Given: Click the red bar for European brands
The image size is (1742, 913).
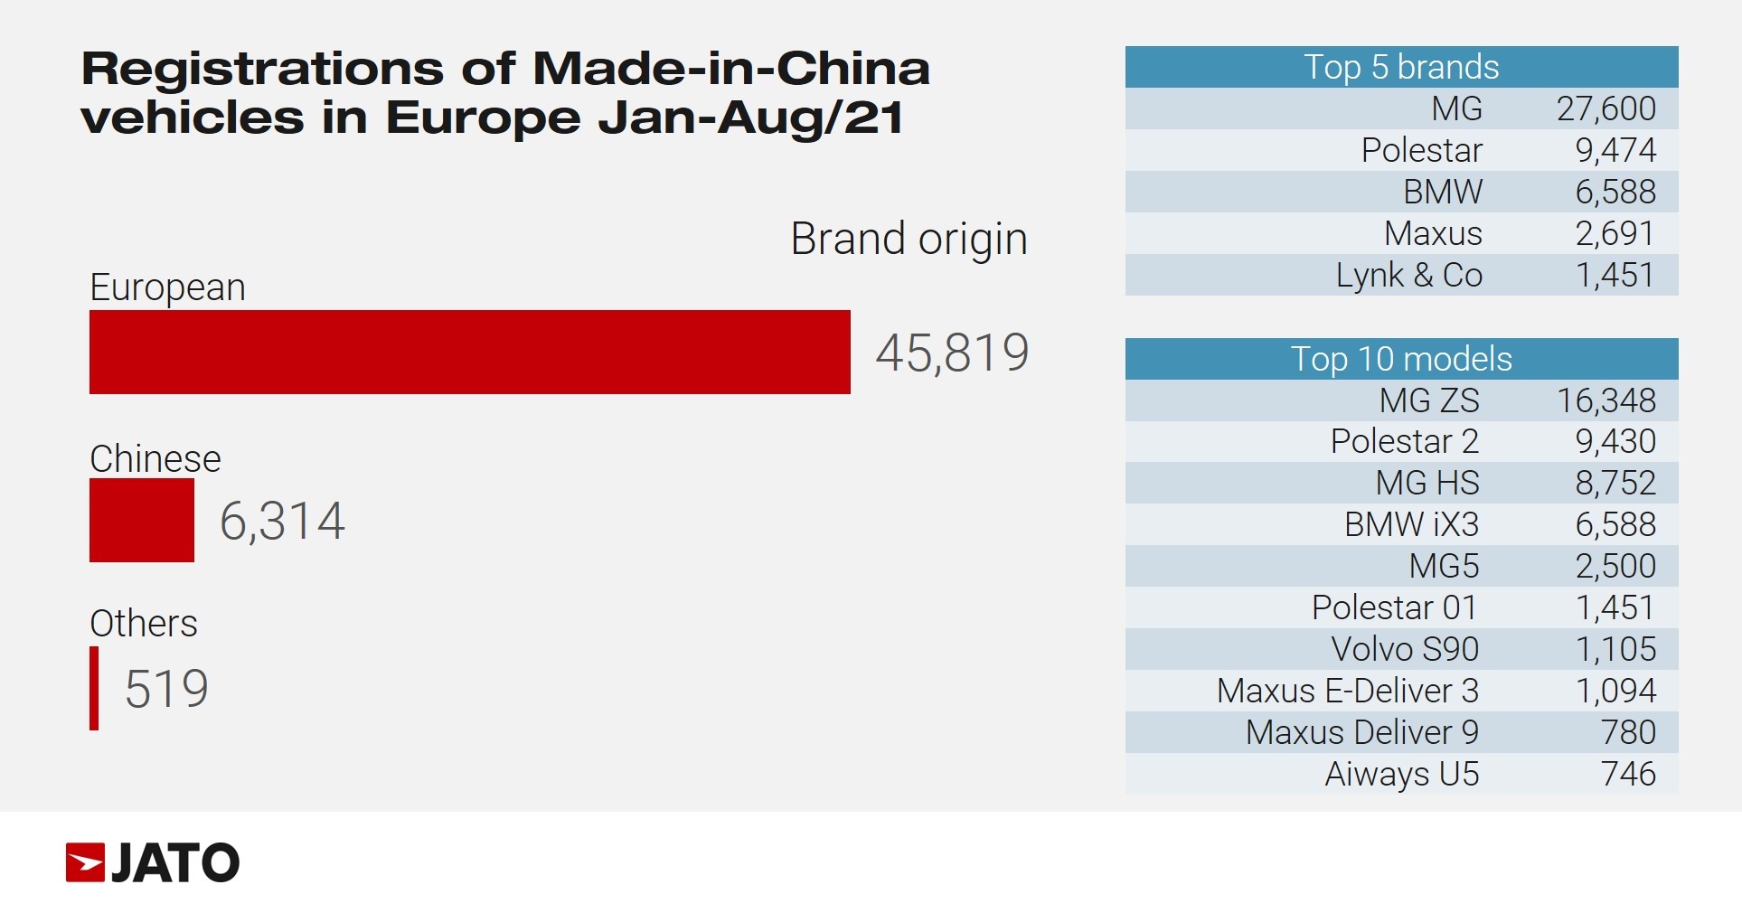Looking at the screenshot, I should pos(469,352).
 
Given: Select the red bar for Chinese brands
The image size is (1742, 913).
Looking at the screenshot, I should pos(141,520).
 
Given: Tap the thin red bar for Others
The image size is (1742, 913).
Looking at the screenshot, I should pos(94,688).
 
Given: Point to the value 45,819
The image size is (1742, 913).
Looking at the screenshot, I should pos(952,352).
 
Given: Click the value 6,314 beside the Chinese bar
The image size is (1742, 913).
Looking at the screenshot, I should pos(282,521).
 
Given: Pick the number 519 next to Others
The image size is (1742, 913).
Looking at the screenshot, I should pos(166,689).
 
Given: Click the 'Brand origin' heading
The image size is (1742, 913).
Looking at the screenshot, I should pos(909,240).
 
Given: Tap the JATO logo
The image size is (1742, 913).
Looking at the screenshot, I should pos(153,862).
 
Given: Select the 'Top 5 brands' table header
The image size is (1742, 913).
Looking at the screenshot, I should pos(1401,67).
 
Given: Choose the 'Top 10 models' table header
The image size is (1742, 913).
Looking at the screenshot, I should pos(1401,359).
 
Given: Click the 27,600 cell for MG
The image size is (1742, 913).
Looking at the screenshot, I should pos(1605,108).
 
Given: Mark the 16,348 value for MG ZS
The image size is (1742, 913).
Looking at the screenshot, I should pos(1605,400).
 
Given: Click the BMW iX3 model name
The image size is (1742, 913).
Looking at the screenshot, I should pos(1411,524).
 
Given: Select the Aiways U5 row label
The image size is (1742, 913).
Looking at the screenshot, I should pos(1401,774).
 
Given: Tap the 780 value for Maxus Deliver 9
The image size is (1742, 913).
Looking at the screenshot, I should pos(1628,732).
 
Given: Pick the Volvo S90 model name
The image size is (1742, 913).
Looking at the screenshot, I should pos(1405,649).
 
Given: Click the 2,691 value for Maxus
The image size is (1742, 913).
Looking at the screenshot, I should pos(1615,233).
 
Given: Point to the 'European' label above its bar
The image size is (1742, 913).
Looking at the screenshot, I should pos(167,287).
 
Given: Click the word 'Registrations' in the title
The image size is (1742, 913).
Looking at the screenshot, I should pos(262,69).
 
